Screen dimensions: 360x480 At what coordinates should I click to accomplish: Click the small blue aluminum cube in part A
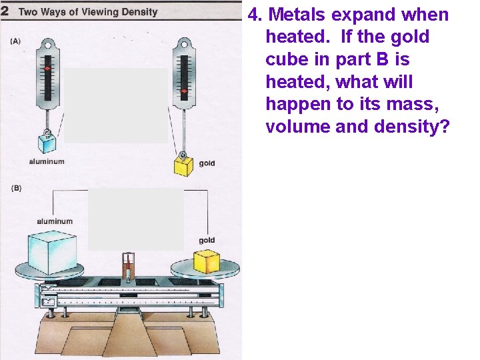pyautogui.click(x=48, y=143)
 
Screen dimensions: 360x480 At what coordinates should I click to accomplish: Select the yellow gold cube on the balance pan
pyautogui.click(x=206, y=261)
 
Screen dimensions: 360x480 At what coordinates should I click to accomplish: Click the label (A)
pyautogui.click(x=15, y=41)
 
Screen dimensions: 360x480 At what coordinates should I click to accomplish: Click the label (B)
pyautogui.click(x=15, y=188)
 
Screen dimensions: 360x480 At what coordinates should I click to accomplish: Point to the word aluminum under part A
pyautogui.click(x=47, y=161)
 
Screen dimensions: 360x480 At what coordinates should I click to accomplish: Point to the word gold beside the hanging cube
pyautogui.click(x=207, y=163)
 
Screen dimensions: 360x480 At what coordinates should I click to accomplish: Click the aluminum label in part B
pyautogui.click(x=55, y=221)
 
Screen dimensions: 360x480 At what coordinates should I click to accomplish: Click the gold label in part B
pyautogui.click(x=207, y=240)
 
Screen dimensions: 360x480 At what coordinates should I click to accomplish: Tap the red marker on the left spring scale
pyautogui.click(x=47, y=69)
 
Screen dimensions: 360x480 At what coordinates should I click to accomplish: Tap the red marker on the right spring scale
pyautogui.click(x=183, y=91)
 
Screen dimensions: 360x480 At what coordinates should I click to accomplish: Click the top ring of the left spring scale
pyautogui.click(x=47, y=44)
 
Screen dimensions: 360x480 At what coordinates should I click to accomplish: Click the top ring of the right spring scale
pyautogui.click(x=183, y=44)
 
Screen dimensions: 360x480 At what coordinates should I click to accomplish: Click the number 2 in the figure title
pyautogui.click(x=5, y=11)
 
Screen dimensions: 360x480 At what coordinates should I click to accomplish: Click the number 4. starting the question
pyautogui.click(x=255, y=15)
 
